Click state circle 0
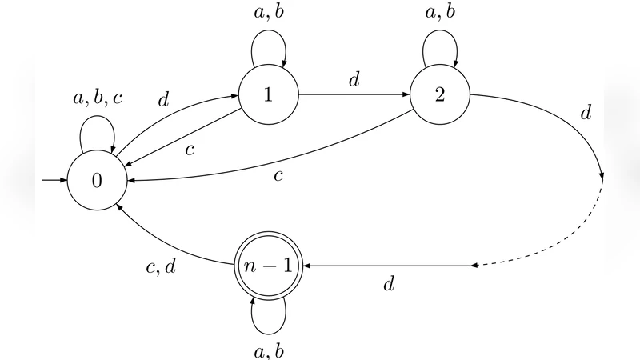[97, 180]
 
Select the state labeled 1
[268, 94]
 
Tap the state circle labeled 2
[439, 94]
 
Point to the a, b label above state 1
[268, 13]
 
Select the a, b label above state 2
[439, 13]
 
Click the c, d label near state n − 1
[161, 268]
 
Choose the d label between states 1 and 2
[354, 80]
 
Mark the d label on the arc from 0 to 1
[164, 100]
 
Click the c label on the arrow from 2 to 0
[278, 174]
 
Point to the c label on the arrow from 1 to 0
[190, 149]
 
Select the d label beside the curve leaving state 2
[586, 114]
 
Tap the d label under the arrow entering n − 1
[390, 283]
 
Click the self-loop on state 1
[268, 40]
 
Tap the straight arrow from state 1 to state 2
[354, 94]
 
